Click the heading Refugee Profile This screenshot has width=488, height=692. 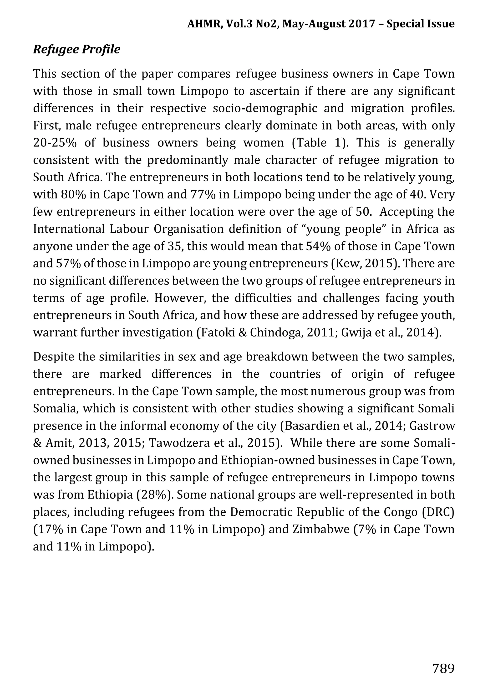pyautogui.click(x=76, y=49)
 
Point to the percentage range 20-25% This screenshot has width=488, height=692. pyautogui.click(x=55, y=143)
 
